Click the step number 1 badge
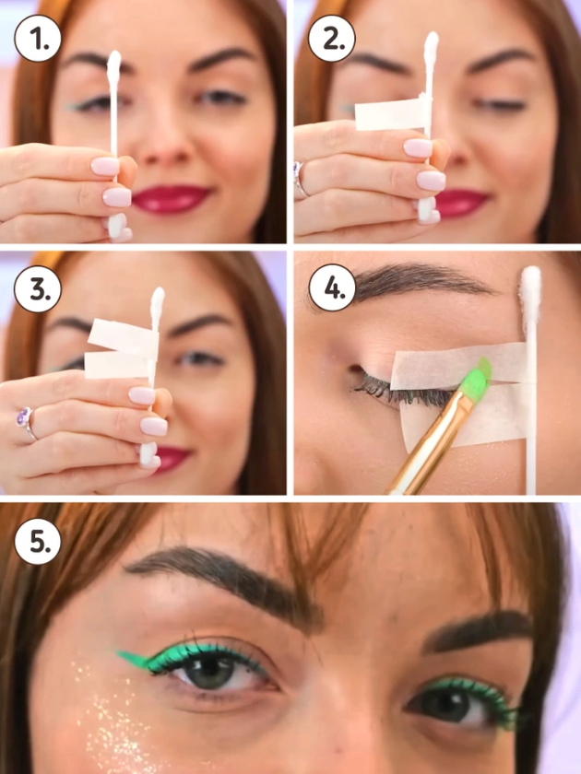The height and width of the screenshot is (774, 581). (x=38, y=38)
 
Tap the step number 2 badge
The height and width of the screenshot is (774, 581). (x=331, y=38)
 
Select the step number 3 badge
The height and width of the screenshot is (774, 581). (x=38, y=288)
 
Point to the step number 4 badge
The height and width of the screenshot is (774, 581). (x=331, y=288)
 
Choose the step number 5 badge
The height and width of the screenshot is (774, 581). (x=38, y=541)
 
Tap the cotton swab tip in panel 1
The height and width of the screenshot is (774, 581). (x=114, y=64)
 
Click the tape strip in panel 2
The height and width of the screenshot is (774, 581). (x=390, y=113)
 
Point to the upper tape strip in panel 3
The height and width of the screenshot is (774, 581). (x=123, y=336)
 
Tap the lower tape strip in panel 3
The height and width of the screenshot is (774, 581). (x=119, y=365)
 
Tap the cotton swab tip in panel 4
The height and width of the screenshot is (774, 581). (x=530, y=288)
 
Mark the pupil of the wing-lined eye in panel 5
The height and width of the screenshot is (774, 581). (x=211, y=672)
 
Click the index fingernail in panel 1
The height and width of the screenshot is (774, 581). (x=105, y=167)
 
